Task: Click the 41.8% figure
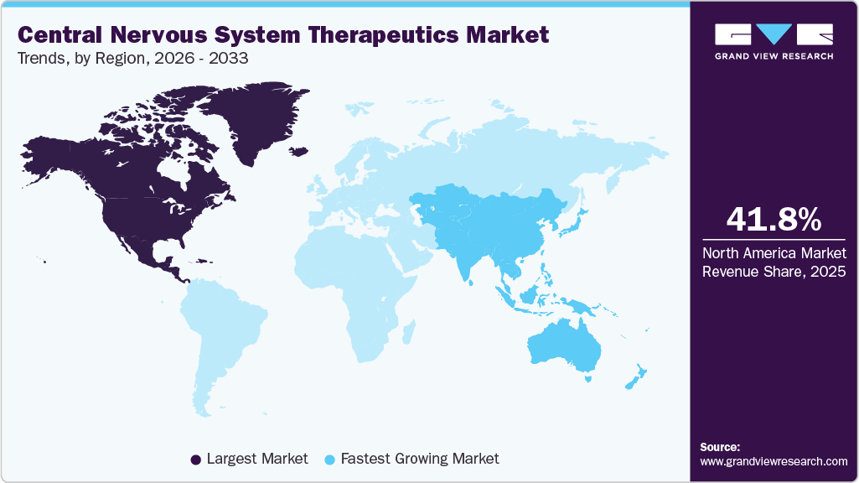(774, 219)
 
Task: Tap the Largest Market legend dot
(196, 460)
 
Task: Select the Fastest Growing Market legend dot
(329, 460)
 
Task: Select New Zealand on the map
(634, 377)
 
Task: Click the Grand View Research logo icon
(774, 34)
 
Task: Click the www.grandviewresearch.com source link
(774, 461)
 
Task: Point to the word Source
(719, 447)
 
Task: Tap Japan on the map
(576, 220)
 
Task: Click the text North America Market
(774, 253)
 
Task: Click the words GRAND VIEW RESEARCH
(774, 56)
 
